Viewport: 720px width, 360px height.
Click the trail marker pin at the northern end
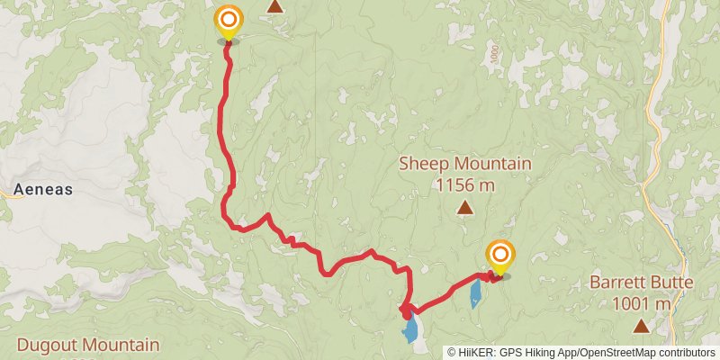pos(229,21)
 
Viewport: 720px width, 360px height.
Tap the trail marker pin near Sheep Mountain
pos(499,256)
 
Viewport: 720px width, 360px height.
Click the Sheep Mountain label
pos(464,165)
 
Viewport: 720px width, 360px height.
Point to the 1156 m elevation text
pos(464,185)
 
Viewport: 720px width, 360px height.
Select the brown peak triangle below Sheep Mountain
pos(464,209)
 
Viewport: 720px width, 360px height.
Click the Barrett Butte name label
pos(641,283)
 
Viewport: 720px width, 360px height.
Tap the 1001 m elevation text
pos(641,303)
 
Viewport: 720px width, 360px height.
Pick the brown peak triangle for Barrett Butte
pos(640,325)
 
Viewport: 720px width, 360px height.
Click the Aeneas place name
pos(43,191)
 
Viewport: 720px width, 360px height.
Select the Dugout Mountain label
pos(87,345)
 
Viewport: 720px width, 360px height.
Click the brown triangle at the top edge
pos(275,6)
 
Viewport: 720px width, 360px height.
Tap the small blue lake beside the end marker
pos(475,293)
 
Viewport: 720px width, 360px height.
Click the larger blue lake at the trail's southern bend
pos(411,328)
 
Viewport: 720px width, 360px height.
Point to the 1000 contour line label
pos(494,54)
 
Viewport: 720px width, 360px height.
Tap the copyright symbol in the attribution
pos(453,352)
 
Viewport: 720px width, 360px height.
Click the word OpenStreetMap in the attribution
pos(608,352)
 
